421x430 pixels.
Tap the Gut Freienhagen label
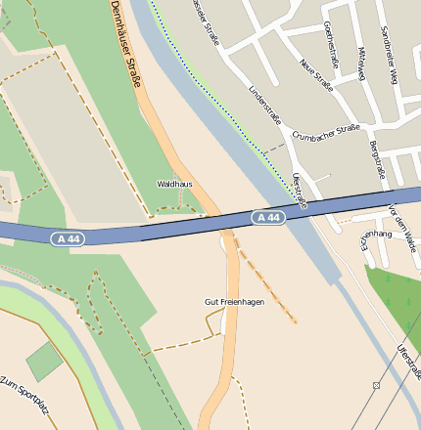coord(234,302)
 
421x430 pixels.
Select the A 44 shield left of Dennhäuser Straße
coord(68,237)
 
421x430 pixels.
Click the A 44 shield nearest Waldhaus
coord(267,217)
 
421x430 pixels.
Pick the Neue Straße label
coord(316,74)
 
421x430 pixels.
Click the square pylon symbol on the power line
coord(375,386)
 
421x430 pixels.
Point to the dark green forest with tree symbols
coord(397,303)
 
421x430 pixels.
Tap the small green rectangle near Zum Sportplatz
coord(44,362)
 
